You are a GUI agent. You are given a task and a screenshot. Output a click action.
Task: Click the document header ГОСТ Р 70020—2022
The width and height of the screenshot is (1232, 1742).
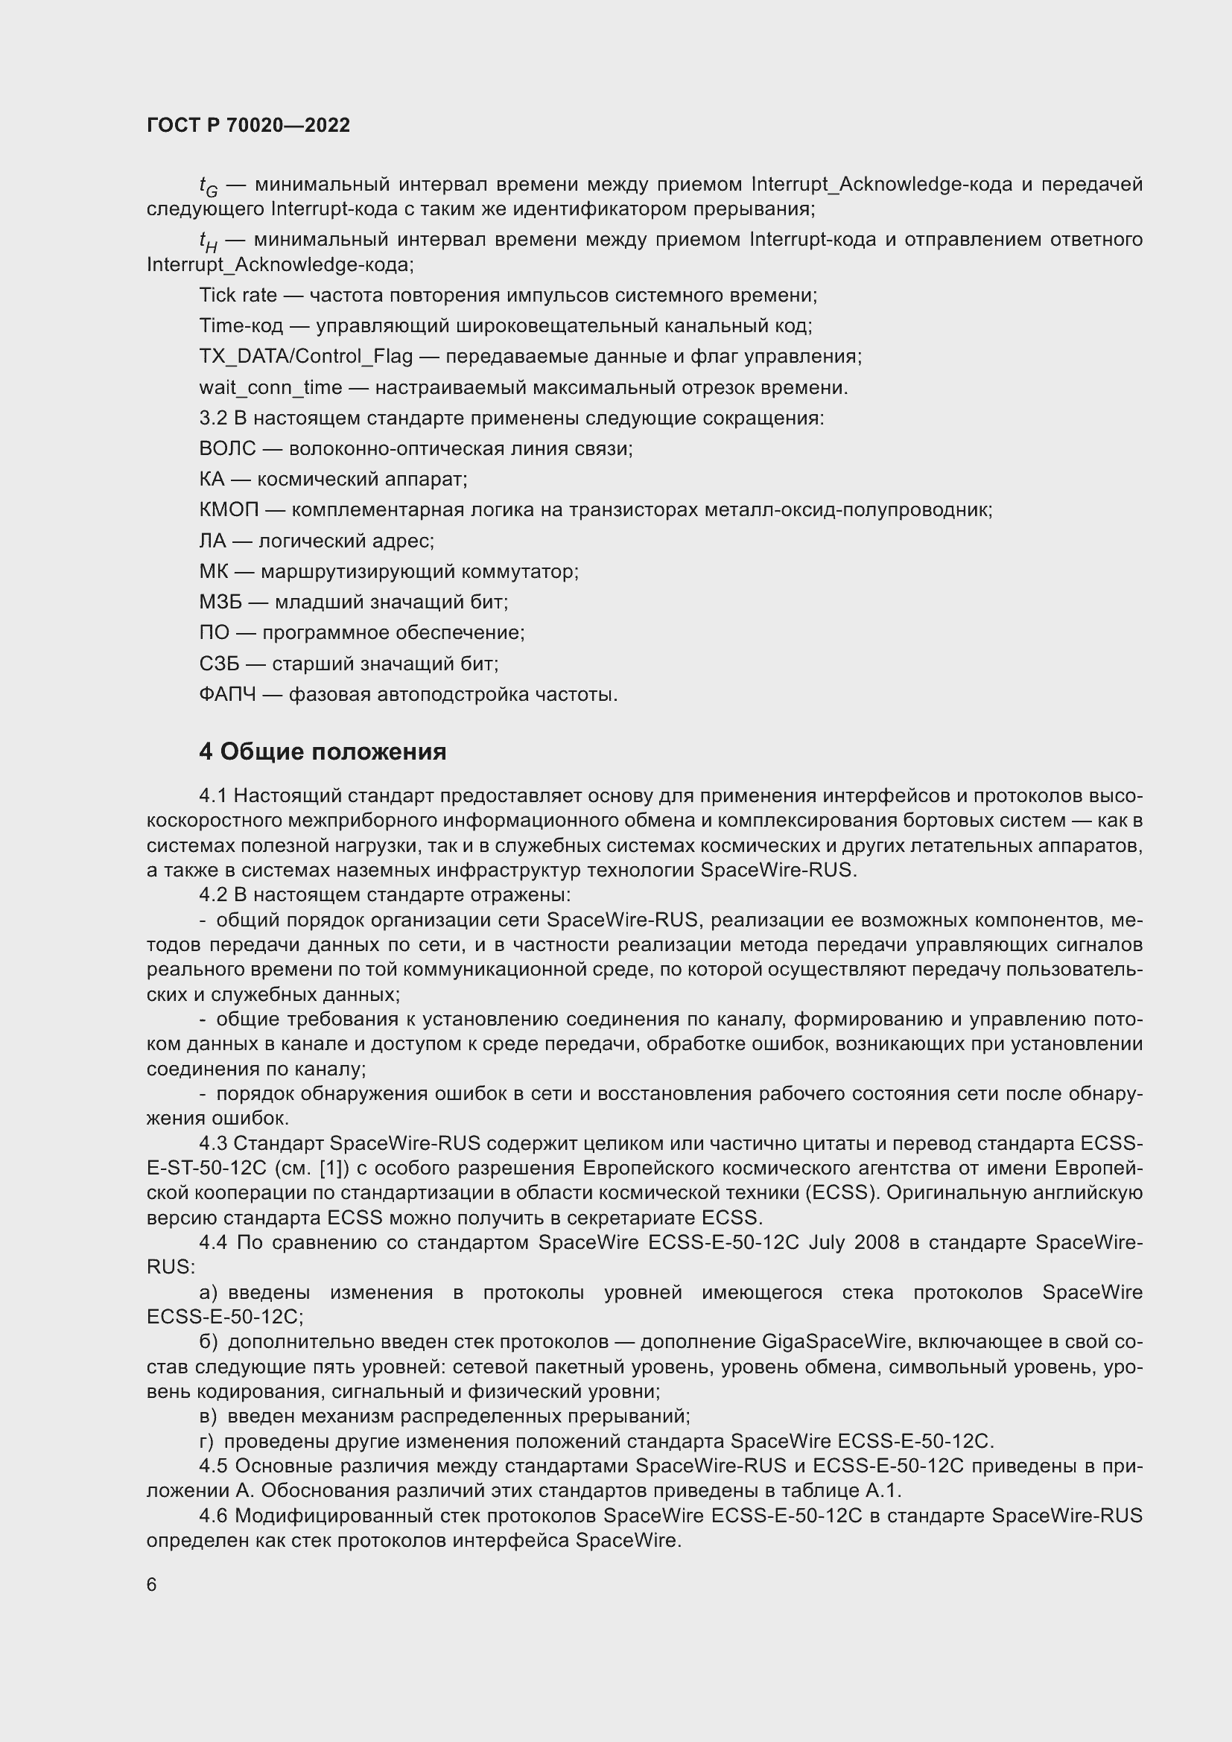[248, 125]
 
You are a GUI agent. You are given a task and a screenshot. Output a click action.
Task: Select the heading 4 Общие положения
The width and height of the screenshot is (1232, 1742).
[323, 752]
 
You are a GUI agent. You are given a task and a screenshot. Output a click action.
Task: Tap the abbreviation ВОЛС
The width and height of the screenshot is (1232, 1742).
[227, 448]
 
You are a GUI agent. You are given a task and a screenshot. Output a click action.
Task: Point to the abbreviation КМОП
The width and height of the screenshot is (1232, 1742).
[229, 510]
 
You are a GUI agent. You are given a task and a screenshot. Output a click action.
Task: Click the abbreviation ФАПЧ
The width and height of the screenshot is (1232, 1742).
[227, 694]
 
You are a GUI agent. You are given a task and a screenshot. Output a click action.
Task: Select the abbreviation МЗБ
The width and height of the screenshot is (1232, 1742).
[220, 603]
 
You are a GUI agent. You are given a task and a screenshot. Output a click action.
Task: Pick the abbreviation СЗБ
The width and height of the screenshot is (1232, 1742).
[218, 664]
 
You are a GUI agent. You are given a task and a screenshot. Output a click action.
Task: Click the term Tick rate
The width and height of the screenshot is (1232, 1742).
[238, 295]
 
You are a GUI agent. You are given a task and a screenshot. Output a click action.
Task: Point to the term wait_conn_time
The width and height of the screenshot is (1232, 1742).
[271, 388]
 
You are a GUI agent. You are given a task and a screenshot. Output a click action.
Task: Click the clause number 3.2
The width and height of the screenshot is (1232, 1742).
[212, 418]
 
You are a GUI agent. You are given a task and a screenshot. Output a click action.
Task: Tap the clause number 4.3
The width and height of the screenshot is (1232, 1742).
[212, 1143]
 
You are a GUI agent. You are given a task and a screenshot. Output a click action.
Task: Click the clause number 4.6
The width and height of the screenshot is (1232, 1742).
[213, 1516]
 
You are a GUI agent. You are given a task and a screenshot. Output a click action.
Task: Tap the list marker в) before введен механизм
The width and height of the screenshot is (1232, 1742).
[209, 1417]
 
